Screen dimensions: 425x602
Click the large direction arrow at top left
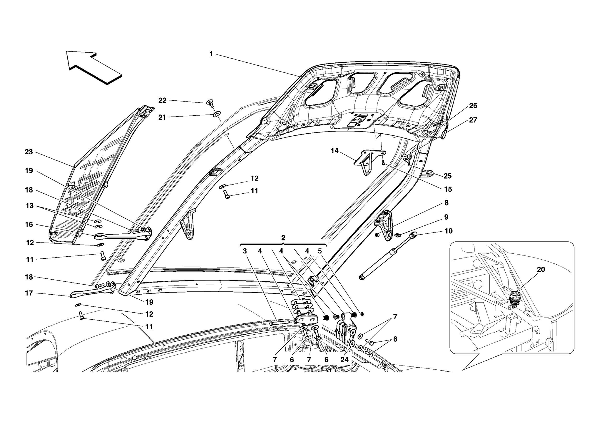pyautogui.click(x=93, y=67)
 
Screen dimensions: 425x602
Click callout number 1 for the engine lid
pyautogui.click(x=211, y=54)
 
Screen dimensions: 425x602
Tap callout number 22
pyautogui.click(x=162, y=101)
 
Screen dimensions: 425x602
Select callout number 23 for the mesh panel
pyautogui.click(x=29, y=152)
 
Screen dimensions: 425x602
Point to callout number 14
pyautogui.click(x=335, y=151)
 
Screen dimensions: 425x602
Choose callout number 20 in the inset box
pyautogui.click(x=541, y=270)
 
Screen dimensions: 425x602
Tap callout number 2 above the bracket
pyautogui.click(x=283, y=238)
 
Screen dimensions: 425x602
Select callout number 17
pyautogui.click(x=29, y=293)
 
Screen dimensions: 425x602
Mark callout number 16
pyautogui.click(x=29, y=225)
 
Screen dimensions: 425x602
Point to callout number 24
pyautogui.click(x=344, y=360)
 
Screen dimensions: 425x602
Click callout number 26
pyautogui.click(x=473, y=106)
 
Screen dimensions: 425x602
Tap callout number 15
pyautogui.click(x=447, y=190)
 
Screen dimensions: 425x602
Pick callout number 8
pyautogui.click(x=446, y=203)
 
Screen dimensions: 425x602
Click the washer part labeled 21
pyautogui.click(x=217, y=114)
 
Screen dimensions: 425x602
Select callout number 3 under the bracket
pyautogui.click(x=245, y=251)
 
